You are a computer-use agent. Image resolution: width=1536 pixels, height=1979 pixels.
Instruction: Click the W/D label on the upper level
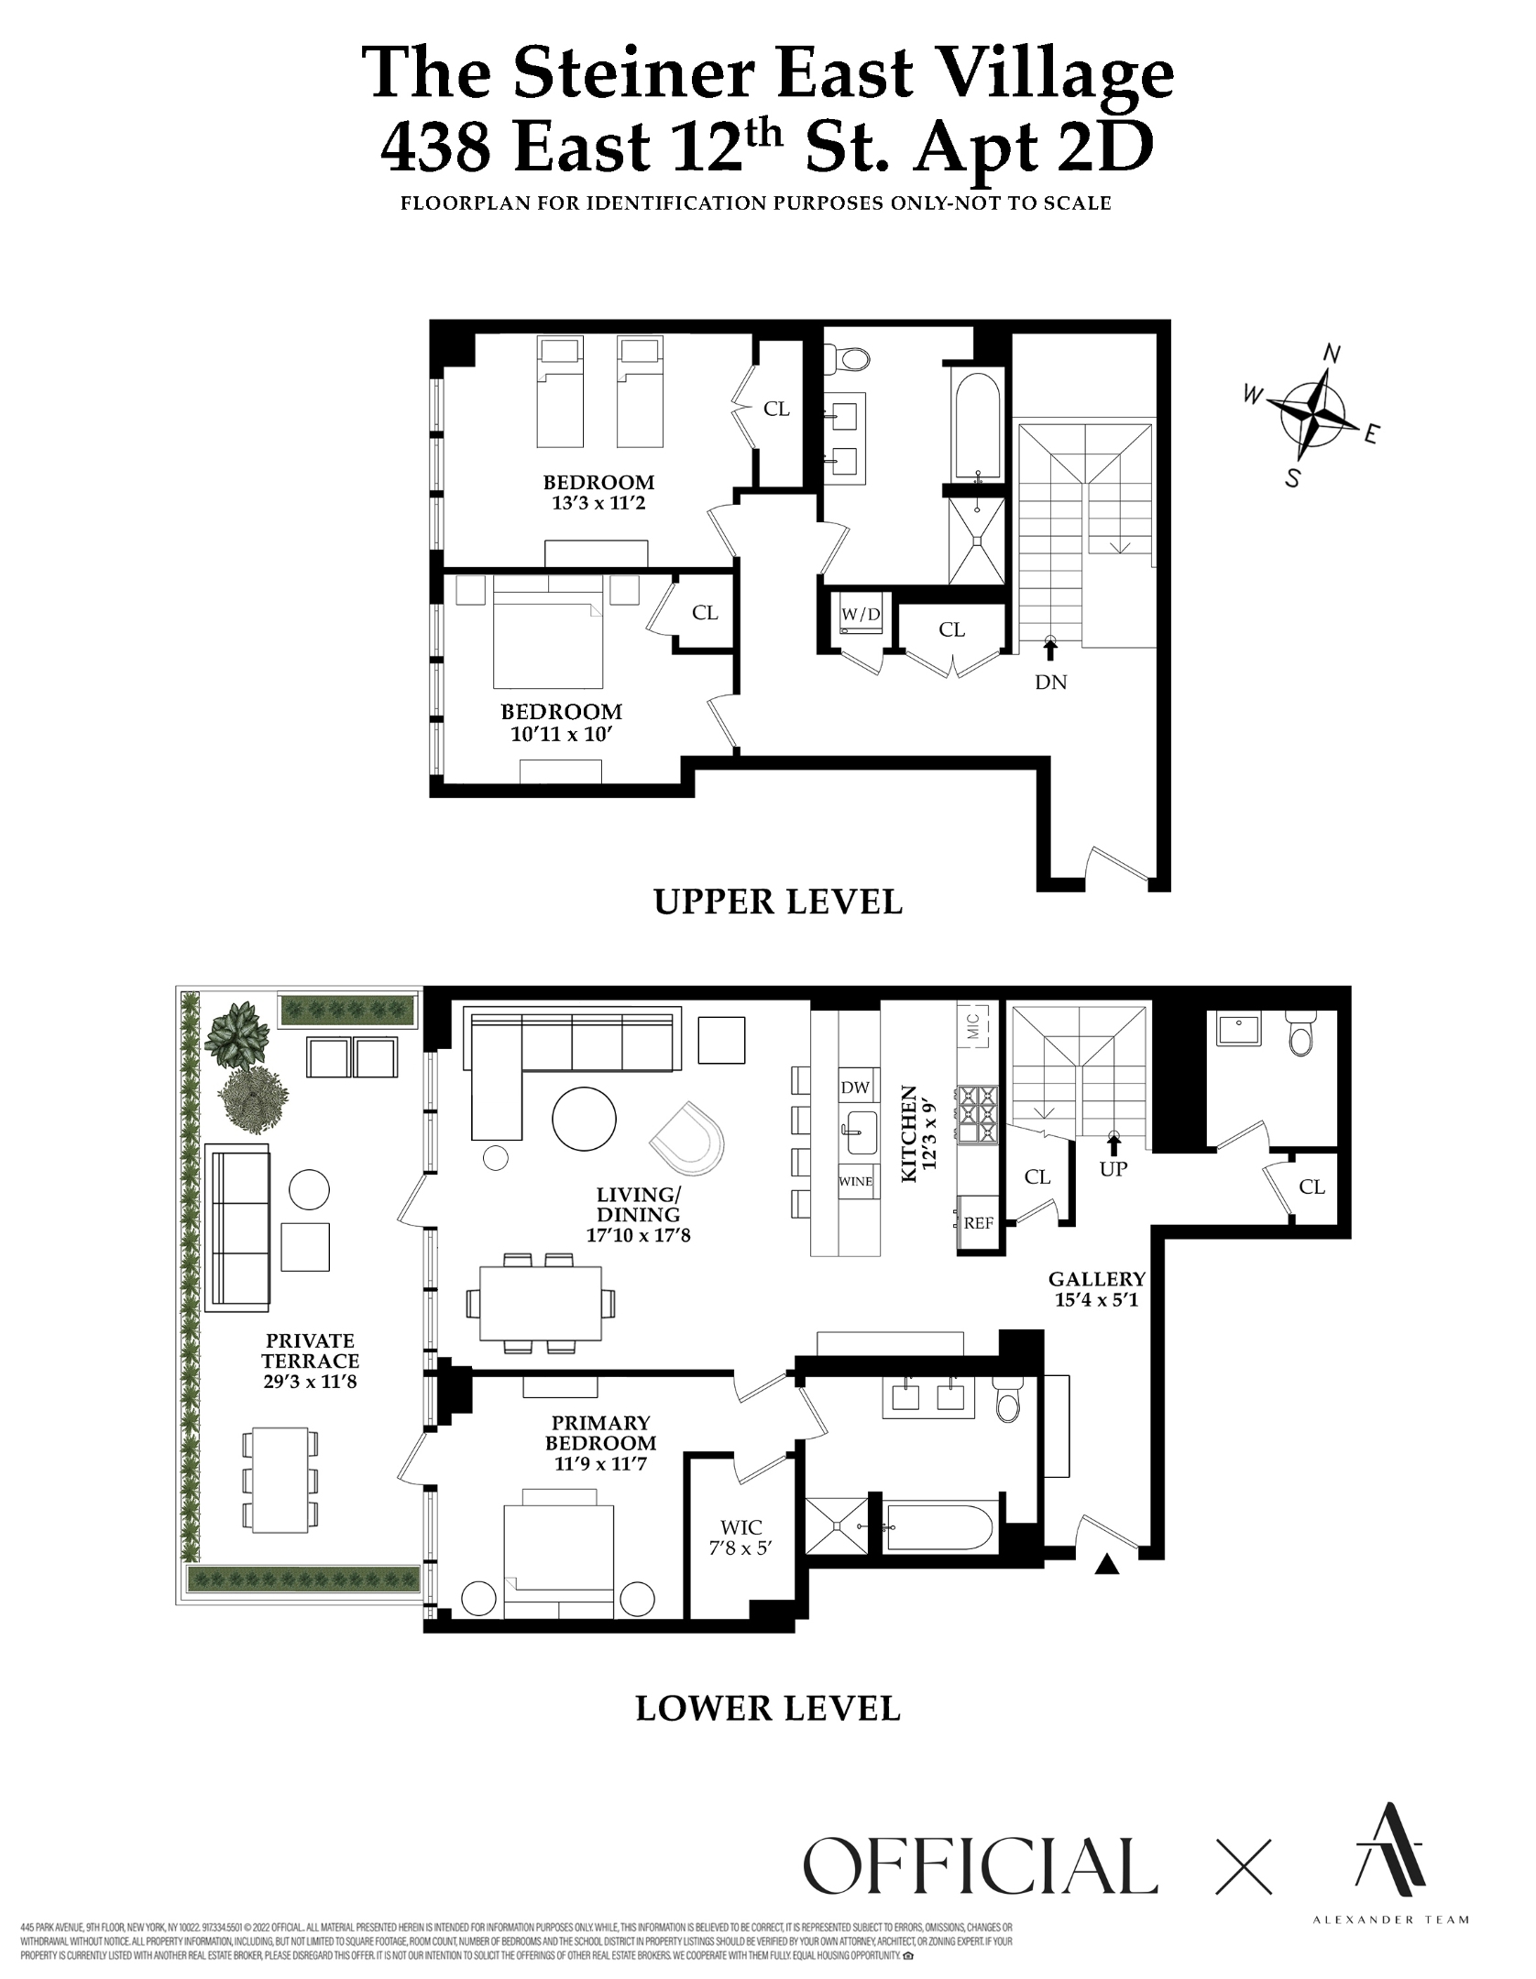861,614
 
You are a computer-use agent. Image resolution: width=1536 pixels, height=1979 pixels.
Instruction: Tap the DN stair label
1050,682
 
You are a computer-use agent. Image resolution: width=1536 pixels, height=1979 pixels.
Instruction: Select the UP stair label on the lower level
1113,1169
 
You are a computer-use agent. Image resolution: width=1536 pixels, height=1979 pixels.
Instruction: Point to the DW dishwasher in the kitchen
855,1088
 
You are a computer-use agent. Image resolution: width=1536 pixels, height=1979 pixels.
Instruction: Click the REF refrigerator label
979,1222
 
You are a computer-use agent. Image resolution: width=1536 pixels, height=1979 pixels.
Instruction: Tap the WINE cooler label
856,1182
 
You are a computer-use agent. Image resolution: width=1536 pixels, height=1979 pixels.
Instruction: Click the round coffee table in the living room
585,1118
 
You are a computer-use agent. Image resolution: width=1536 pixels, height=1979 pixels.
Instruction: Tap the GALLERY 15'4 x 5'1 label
1096,1287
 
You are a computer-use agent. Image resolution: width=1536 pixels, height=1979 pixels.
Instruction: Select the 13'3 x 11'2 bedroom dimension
598,503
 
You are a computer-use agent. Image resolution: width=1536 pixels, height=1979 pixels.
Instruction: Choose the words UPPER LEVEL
778,902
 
